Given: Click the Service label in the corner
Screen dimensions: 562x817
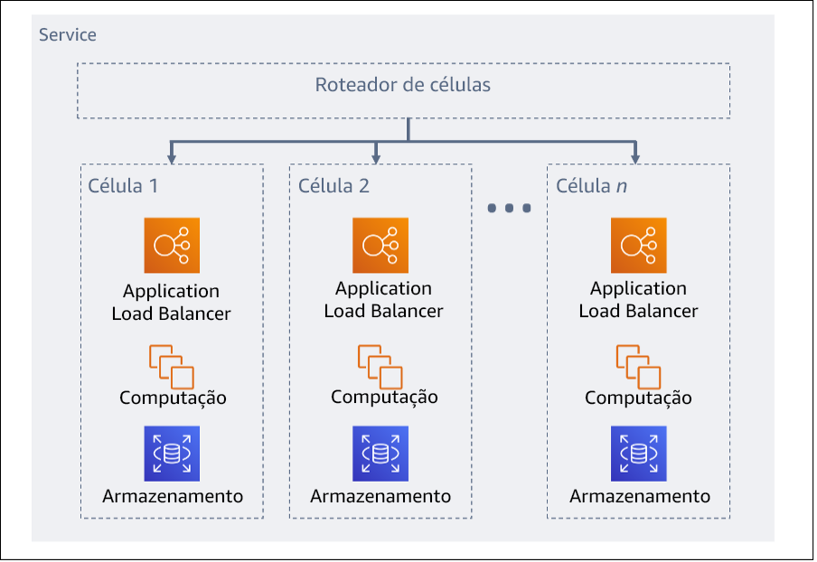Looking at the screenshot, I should [x=68, y=35].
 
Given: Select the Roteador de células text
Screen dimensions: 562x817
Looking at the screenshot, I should [x=403, y=86].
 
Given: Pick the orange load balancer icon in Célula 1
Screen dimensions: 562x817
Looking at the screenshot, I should [x=172, y=245].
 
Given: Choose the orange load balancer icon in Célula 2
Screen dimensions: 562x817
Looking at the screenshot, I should [x=380, y=245].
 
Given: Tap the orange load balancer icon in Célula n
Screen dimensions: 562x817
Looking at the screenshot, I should [x=638, y=245].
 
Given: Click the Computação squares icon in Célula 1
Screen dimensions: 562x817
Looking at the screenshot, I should [x=172, y=366].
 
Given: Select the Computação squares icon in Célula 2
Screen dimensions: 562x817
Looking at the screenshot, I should [x=380, y=366].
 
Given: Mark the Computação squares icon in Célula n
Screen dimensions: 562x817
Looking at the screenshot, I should [x=638, y=366].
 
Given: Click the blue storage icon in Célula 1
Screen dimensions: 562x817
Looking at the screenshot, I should [x=172, y=454].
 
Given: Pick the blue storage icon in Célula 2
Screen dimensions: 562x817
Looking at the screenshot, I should [x=380, y=454].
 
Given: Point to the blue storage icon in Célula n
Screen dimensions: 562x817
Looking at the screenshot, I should [x=638, y=454].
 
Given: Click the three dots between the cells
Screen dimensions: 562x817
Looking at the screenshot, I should [x=509, y=209].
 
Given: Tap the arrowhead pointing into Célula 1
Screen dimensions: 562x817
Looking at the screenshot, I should [x=172, y=158].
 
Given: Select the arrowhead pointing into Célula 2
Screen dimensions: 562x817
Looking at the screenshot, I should [x=378, y=158].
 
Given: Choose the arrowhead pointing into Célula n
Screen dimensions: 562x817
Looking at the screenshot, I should [x=636, y=158].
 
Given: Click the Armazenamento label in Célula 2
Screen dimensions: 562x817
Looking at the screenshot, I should [x=380, y=496].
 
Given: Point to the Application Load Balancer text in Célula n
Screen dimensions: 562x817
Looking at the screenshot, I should [x=638, y=300].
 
